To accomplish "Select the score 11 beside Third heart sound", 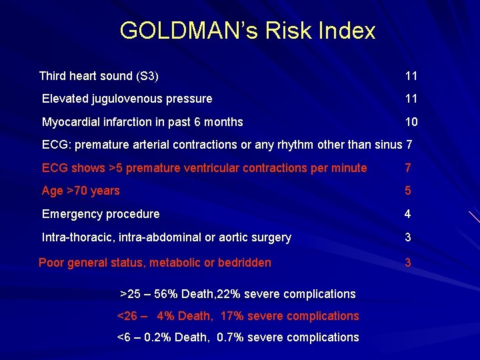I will click(x=411, y=76).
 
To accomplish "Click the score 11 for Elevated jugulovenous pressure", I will click(x=411, y=99).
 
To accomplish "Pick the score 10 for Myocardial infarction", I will click(x=411, y=122).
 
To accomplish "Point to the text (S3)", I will click(x=147, y=76).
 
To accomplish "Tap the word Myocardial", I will click(x=70, y=122).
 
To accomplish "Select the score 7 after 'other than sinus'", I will click(x=409, y=145).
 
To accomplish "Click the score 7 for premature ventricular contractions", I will click(x=408, y=168).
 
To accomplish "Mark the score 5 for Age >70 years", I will click(x=408, y=191).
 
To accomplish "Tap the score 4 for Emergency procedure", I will click(x=408, y=214).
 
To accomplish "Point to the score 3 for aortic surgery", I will click(x=408, y=237).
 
